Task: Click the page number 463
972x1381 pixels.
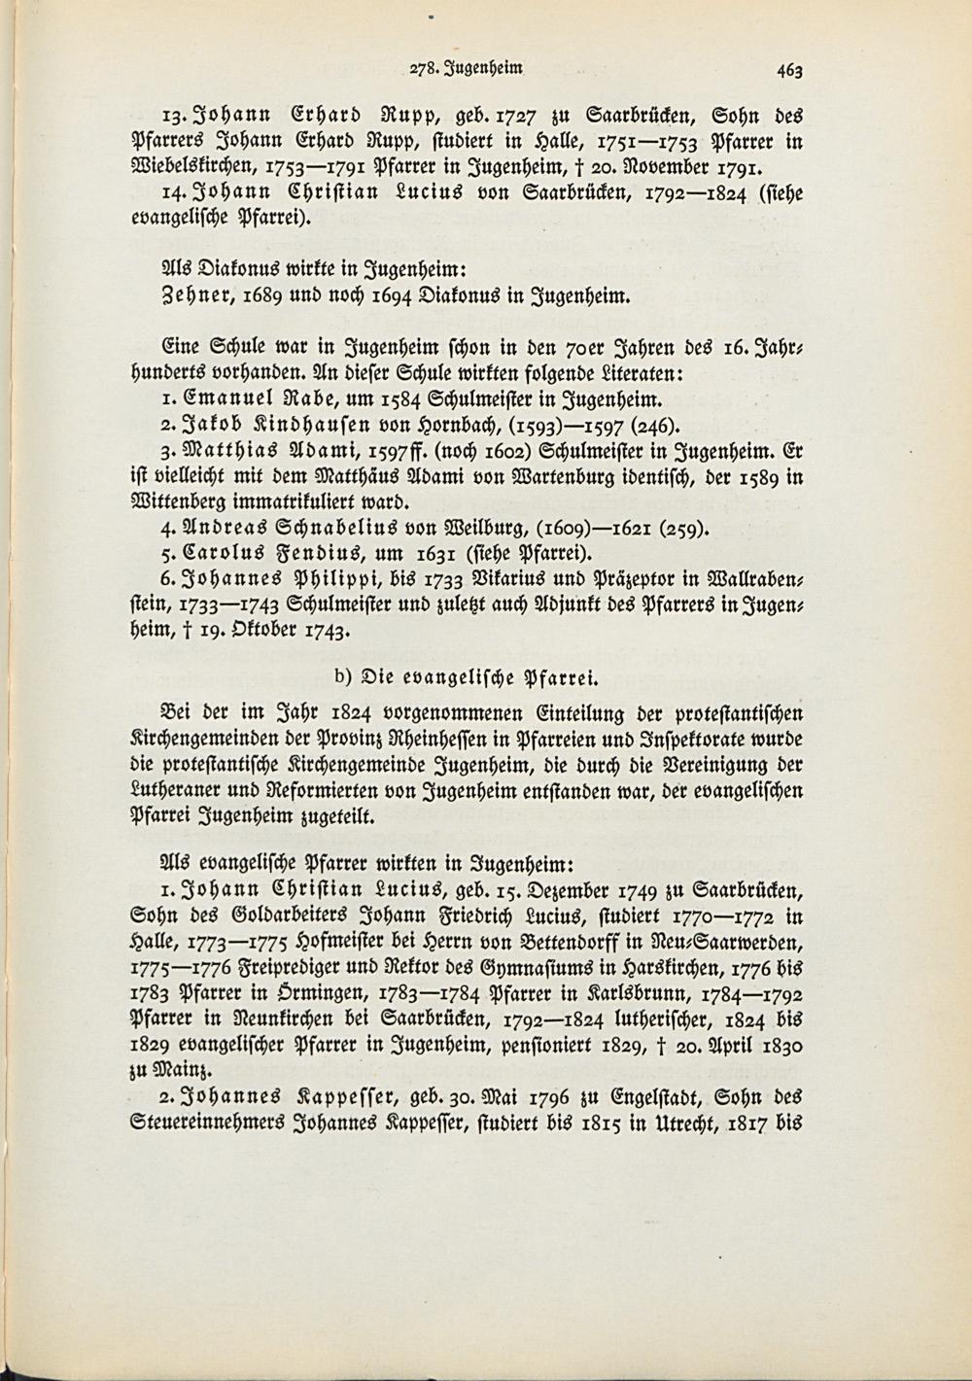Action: (788, 70)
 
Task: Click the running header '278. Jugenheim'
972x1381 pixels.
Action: (467, 68)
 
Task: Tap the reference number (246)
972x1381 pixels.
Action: (662, 425)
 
